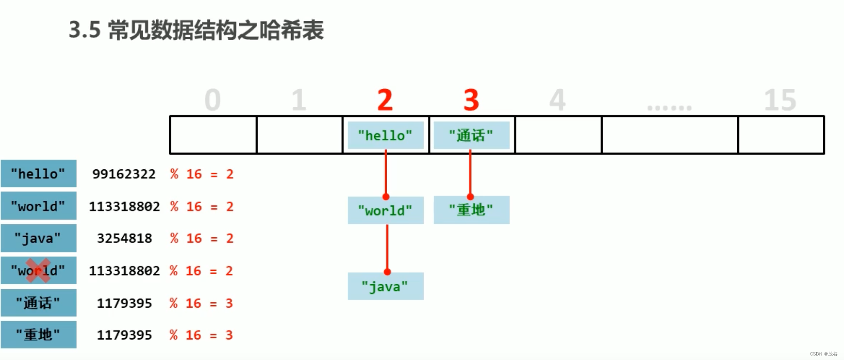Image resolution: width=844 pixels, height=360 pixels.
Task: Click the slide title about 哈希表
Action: point(196,30)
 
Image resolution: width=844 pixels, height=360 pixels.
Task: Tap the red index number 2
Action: point(385,100)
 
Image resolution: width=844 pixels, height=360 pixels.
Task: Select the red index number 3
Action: point(471,100)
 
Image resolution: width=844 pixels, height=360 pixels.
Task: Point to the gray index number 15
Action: point(780,100)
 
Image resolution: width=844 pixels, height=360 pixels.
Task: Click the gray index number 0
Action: point(213,100)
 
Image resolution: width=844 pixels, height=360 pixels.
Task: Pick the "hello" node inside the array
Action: point(385,135)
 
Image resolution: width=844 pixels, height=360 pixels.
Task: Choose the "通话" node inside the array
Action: point(471,135)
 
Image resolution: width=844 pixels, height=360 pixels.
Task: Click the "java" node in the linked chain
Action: point(385,286)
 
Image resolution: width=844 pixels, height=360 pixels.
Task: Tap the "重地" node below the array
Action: point(471,210)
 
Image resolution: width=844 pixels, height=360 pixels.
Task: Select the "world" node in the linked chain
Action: point(385,210)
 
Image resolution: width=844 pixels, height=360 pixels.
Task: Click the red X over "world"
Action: point(38,270)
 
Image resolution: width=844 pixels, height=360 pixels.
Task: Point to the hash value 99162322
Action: point(124,174)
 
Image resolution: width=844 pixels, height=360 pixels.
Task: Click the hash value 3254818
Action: point(124,238)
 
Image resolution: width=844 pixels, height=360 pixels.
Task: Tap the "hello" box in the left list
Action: point(38,174)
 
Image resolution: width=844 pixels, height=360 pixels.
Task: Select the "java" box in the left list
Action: point(38,238)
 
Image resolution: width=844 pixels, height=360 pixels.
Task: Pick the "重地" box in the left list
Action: point(38,335)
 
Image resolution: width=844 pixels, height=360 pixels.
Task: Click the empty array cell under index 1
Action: point(299,135)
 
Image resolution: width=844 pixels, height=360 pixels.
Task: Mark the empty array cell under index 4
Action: point(558,135)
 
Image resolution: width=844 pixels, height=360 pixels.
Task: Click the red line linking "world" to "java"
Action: point(387,248)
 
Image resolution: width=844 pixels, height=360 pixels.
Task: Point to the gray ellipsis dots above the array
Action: point(669,108)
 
